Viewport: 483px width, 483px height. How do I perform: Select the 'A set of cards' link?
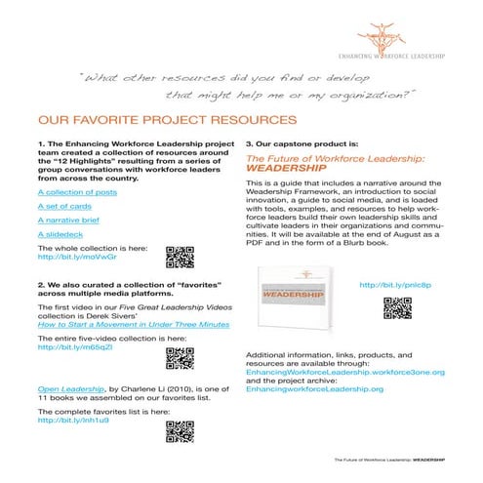[58, 207]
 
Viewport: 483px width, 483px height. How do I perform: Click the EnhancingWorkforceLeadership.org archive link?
[314, 387]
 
